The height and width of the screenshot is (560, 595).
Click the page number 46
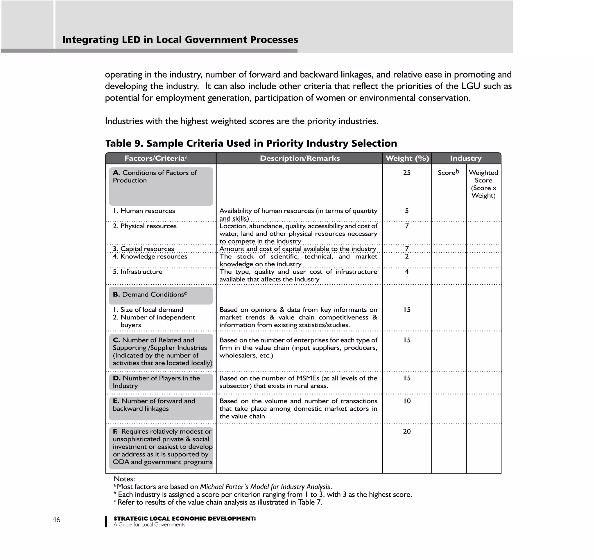point(56,520)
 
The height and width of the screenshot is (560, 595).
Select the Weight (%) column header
point(407,158)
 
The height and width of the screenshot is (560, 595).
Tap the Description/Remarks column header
point(300,158)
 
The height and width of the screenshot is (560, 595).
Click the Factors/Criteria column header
point(156,158)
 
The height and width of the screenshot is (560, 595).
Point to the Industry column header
point(466,158)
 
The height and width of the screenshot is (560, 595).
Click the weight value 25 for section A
point(407,173)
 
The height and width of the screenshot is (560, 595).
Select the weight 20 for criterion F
point(407,431)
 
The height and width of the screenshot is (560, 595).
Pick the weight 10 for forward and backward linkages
point(407,401)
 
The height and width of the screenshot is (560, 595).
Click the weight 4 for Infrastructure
point(407,272)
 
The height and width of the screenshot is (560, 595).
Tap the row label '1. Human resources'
point(144,211)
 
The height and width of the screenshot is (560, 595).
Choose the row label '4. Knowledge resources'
point(150,256)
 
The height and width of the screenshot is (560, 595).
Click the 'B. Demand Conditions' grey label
point(150,295)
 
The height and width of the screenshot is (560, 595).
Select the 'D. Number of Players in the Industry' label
point(156,382)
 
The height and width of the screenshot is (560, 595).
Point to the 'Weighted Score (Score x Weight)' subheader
point(483,184)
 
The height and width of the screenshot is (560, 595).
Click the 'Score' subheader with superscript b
point(448,173)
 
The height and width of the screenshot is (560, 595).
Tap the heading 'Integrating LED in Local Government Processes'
point(180,40)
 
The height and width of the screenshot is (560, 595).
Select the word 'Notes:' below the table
point(124,479)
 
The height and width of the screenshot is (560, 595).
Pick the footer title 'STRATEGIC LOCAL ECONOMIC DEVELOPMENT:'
point(184,519)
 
